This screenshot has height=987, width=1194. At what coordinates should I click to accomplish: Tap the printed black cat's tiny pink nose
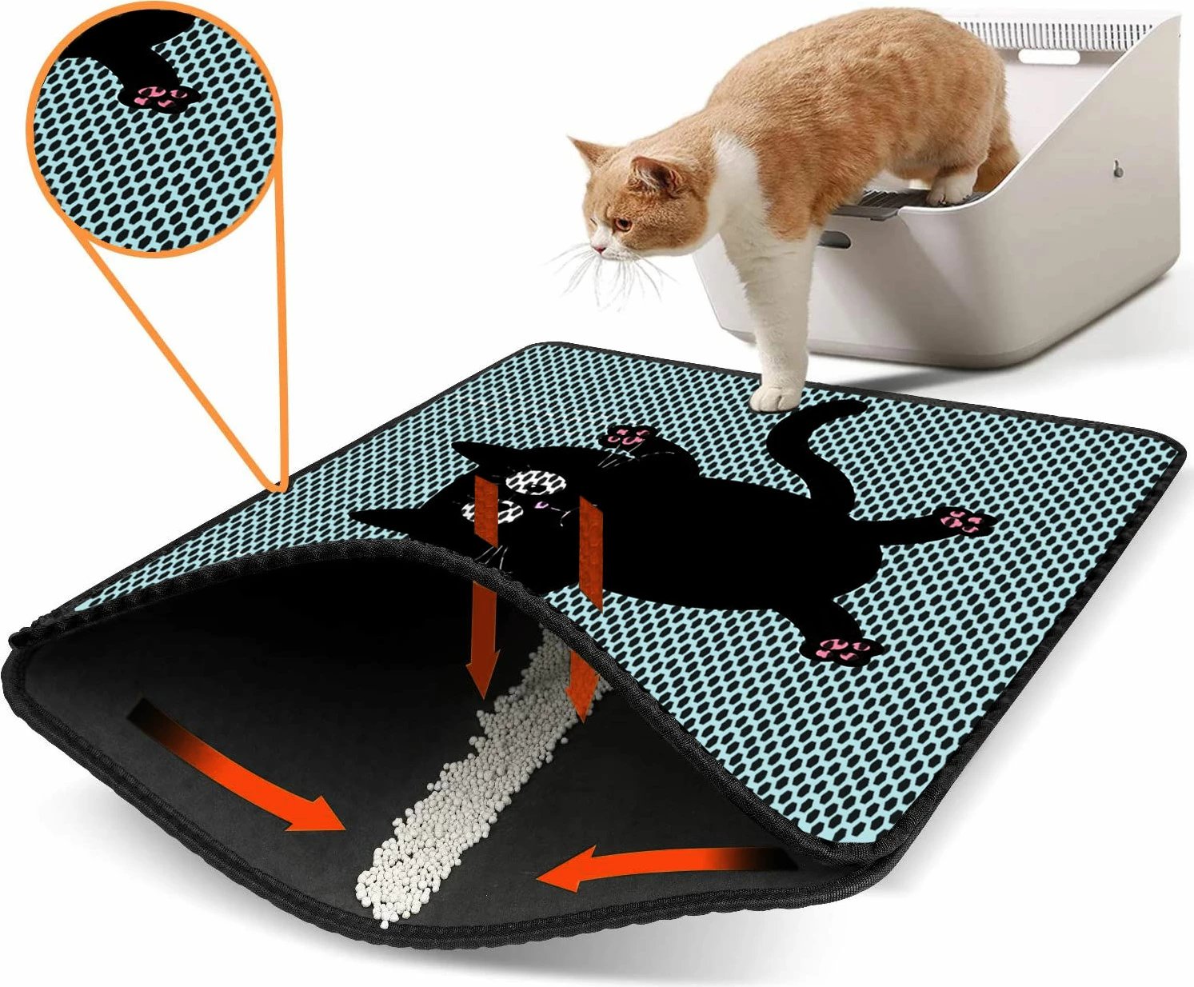point(540,505)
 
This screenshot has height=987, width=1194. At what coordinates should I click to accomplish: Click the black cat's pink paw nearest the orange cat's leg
point(633,437)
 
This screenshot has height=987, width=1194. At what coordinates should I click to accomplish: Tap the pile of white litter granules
point(448,800)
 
